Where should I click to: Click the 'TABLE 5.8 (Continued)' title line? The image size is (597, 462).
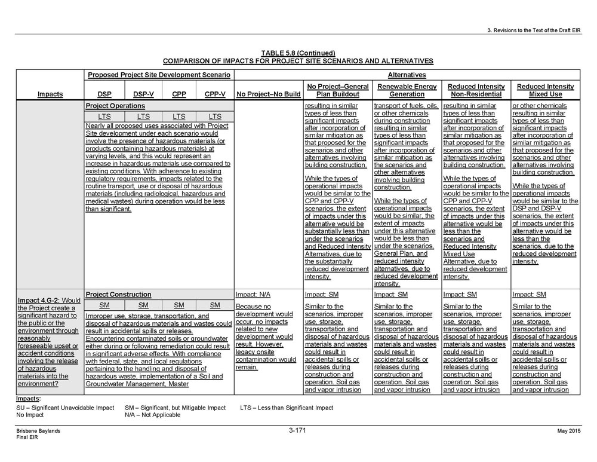(x=298, y=53)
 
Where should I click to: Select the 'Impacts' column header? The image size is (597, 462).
(x=50, y=94)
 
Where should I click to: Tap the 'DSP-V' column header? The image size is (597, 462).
(x=143, y=94)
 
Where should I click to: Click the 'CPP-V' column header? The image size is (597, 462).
(x=215, y=94)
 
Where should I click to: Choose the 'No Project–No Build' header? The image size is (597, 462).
(x=268, y=94)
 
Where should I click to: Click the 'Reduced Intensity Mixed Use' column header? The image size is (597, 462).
(x=545, y=90)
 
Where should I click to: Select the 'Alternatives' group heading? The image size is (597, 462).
(x=406, y=75)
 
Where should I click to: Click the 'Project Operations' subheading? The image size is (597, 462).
(x=115, y=106)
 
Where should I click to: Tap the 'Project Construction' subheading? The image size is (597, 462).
(x=118, y=295)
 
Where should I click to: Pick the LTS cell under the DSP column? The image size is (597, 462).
(x=104, y=117)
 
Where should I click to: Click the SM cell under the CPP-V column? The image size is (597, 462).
(x=215, y=305)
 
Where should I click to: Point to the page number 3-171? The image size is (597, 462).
(x=297, y=431)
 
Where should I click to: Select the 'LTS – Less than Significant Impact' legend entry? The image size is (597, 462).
(x=287, y=408)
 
